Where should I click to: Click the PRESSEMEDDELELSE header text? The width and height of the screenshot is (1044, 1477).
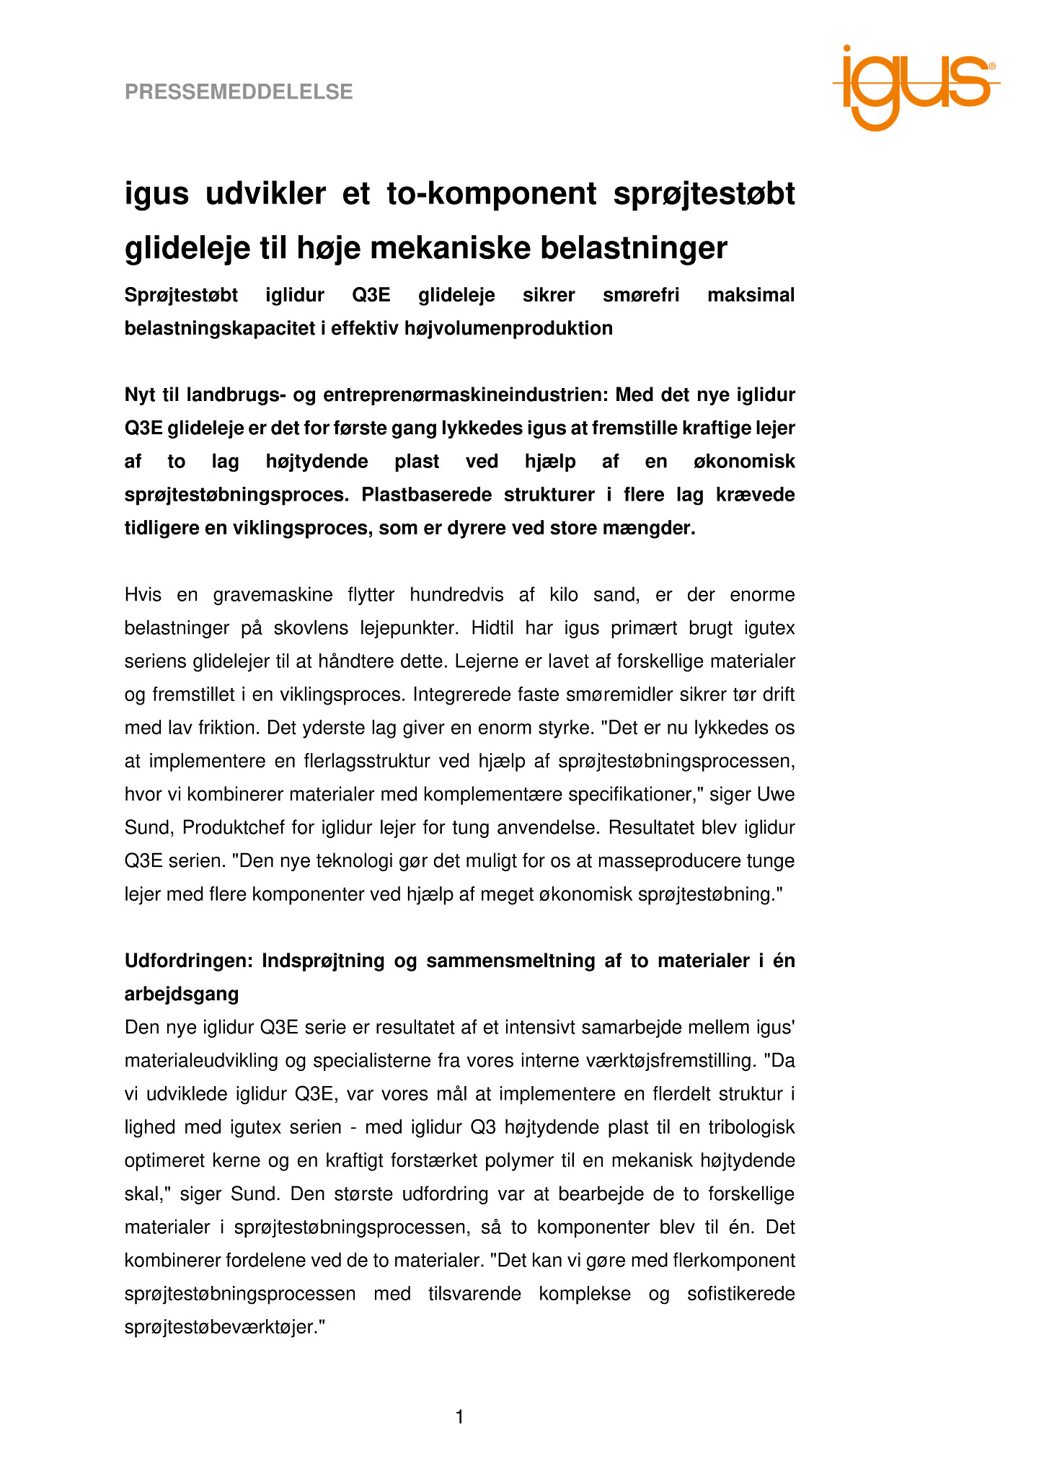(x=239, y=92)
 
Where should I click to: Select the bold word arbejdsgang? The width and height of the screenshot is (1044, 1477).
(x=182, y=995)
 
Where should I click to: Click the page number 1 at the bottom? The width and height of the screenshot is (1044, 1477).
(x=460, y=1418)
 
